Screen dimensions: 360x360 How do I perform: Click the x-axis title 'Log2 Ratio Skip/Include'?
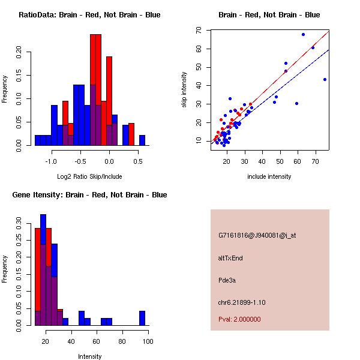pyautogui.click(x=89, y=176)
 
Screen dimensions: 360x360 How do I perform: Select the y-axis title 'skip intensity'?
pyautogui.click(x=184, y=89)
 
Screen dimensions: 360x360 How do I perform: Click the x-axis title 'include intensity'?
pyautogui.click(x=269, y=176)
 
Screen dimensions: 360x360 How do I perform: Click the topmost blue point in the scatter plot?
pyautogui.click(x=303, y=34)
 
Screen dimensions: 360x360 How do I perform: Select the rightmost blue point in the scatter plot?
pyautogui.click(x=325, y=79)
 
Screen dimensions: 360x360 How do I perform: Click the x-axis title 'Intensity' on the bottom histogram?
pyautogui.click(x=89, y=356)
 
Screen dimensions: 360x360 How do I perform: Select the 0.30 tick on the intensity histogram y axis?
pyautogui.click(x=19, y=227)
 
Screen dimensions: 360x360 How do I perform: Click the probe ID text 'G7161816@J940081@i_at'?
pyautogui.click(x=257, y=235)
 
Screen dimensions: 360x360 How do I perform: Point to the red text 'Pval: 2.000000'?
pyautogui.click(x=239, y=319)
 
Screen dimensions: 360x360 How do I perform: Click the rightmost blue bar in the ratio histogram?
pyautogui.click(x=142, y=140)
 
